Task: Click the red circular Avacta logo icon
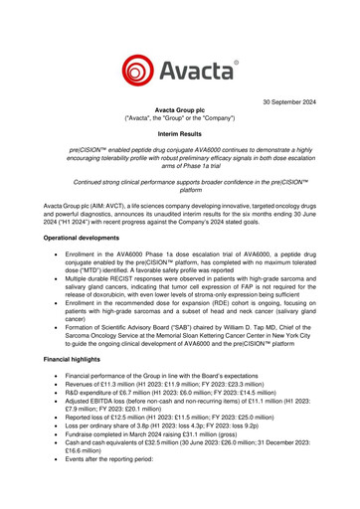(140, 73)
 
